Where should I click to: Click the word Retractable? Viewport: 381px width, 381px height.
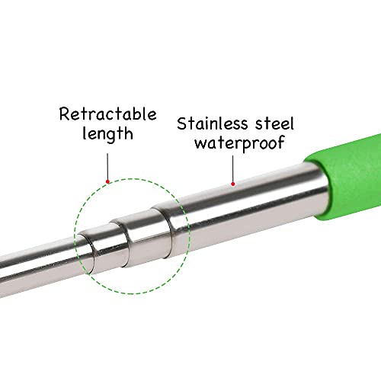(x=107, y=114)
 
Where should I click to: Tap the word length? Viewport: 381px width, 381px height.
(x=107, y=133)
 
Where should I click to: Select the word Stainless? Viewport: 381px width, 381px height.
(x=213, y=123)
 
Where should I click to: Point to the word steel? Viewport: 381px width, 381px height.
(x=274, y=123)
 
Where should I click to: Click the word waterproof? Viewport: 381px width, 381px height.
(x=239, y=143)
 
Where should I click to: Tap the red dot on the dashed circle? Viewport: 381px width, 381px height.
(x=107, y=181)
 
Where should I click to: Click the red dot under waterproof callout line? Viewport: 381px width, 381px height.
(x=233, y=184)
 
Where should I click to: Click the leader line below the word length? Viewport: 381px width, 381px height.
(x=107, y=166)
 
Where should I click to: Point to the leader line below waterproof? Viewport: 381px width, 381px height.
(x=233, y=169)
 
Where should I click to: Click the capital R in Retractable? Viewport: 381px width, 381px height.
(x=65, y=114)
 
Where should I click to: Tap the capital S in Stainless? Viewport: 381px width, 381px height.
(x=182, y=123)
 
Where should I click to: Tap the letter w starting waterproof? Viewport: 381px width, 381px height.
(x=200, y=144)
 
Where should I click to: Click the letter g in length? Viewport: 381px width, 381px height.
(x=113, y=136)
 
